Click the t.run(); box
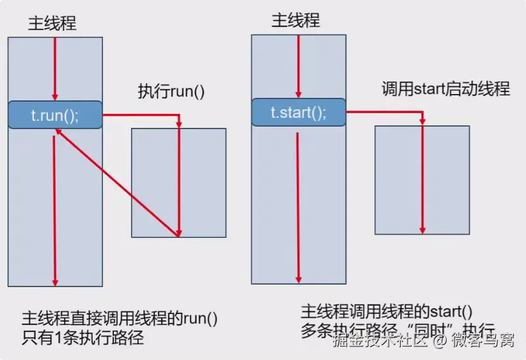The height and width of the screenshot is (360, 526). coord(55,115)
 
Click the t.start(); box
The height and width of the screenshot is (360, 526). coord(298,113)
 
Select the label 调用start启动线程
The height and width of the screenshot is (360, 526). coord(445,89)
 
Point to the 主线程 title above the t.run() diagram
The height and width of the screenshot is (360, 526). coord(52,24)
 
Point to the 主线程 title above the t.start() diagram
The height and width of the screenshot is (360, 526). coord(296,20)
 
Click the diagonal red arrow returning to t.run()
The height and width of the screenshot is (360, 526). coord(115,182)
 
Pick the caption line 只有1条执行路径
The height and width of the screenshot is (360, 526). coord(82,338)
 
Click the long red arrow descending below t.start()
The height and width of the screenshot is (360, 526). coord(298,205)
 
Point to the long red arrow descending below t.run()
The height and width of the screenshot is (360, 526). coord(55,211)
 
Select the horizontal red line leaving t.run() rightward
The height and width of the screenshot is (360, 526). coord(141,115)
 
